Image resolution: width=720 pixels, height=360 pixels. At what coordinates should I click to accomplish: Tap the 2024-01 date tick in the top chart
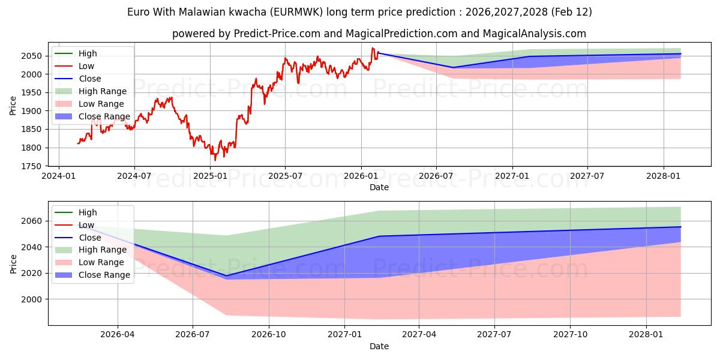(58, 176)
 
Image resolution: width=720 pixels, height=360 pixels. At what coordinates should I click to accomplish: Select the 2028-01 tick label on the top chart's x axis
(664, 176)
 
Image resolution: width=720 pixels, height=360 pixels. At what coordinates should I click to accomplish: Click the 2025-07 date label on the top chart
(285, 176)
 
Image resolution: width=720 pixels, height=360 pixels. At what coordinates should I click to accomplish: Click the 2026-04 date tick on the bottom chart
(118, 335)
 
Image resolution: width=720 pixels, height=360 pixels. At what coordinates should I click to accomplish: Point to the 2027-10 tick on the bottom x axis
(571, 335)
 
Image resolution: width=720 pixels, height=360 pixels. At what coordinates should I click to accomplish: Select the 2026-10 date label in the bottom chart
(268, 335)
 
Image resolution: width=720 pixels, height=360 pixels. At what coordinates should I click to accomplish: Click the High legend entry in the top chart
(88, 53)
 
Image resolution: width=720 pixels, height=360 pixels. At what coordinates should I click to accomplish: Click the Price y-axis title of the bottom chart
(13, 263)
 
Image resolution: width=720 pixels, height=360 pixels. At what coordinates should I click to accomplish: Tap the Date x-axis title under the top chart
(379, 187)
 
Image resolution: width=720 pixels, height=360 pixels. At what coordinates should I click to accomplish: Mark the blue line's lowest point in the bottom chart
(226, 276)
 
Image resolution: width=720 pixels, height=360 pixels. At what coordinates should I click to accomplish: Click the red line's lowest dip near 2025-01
(215, 160)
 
